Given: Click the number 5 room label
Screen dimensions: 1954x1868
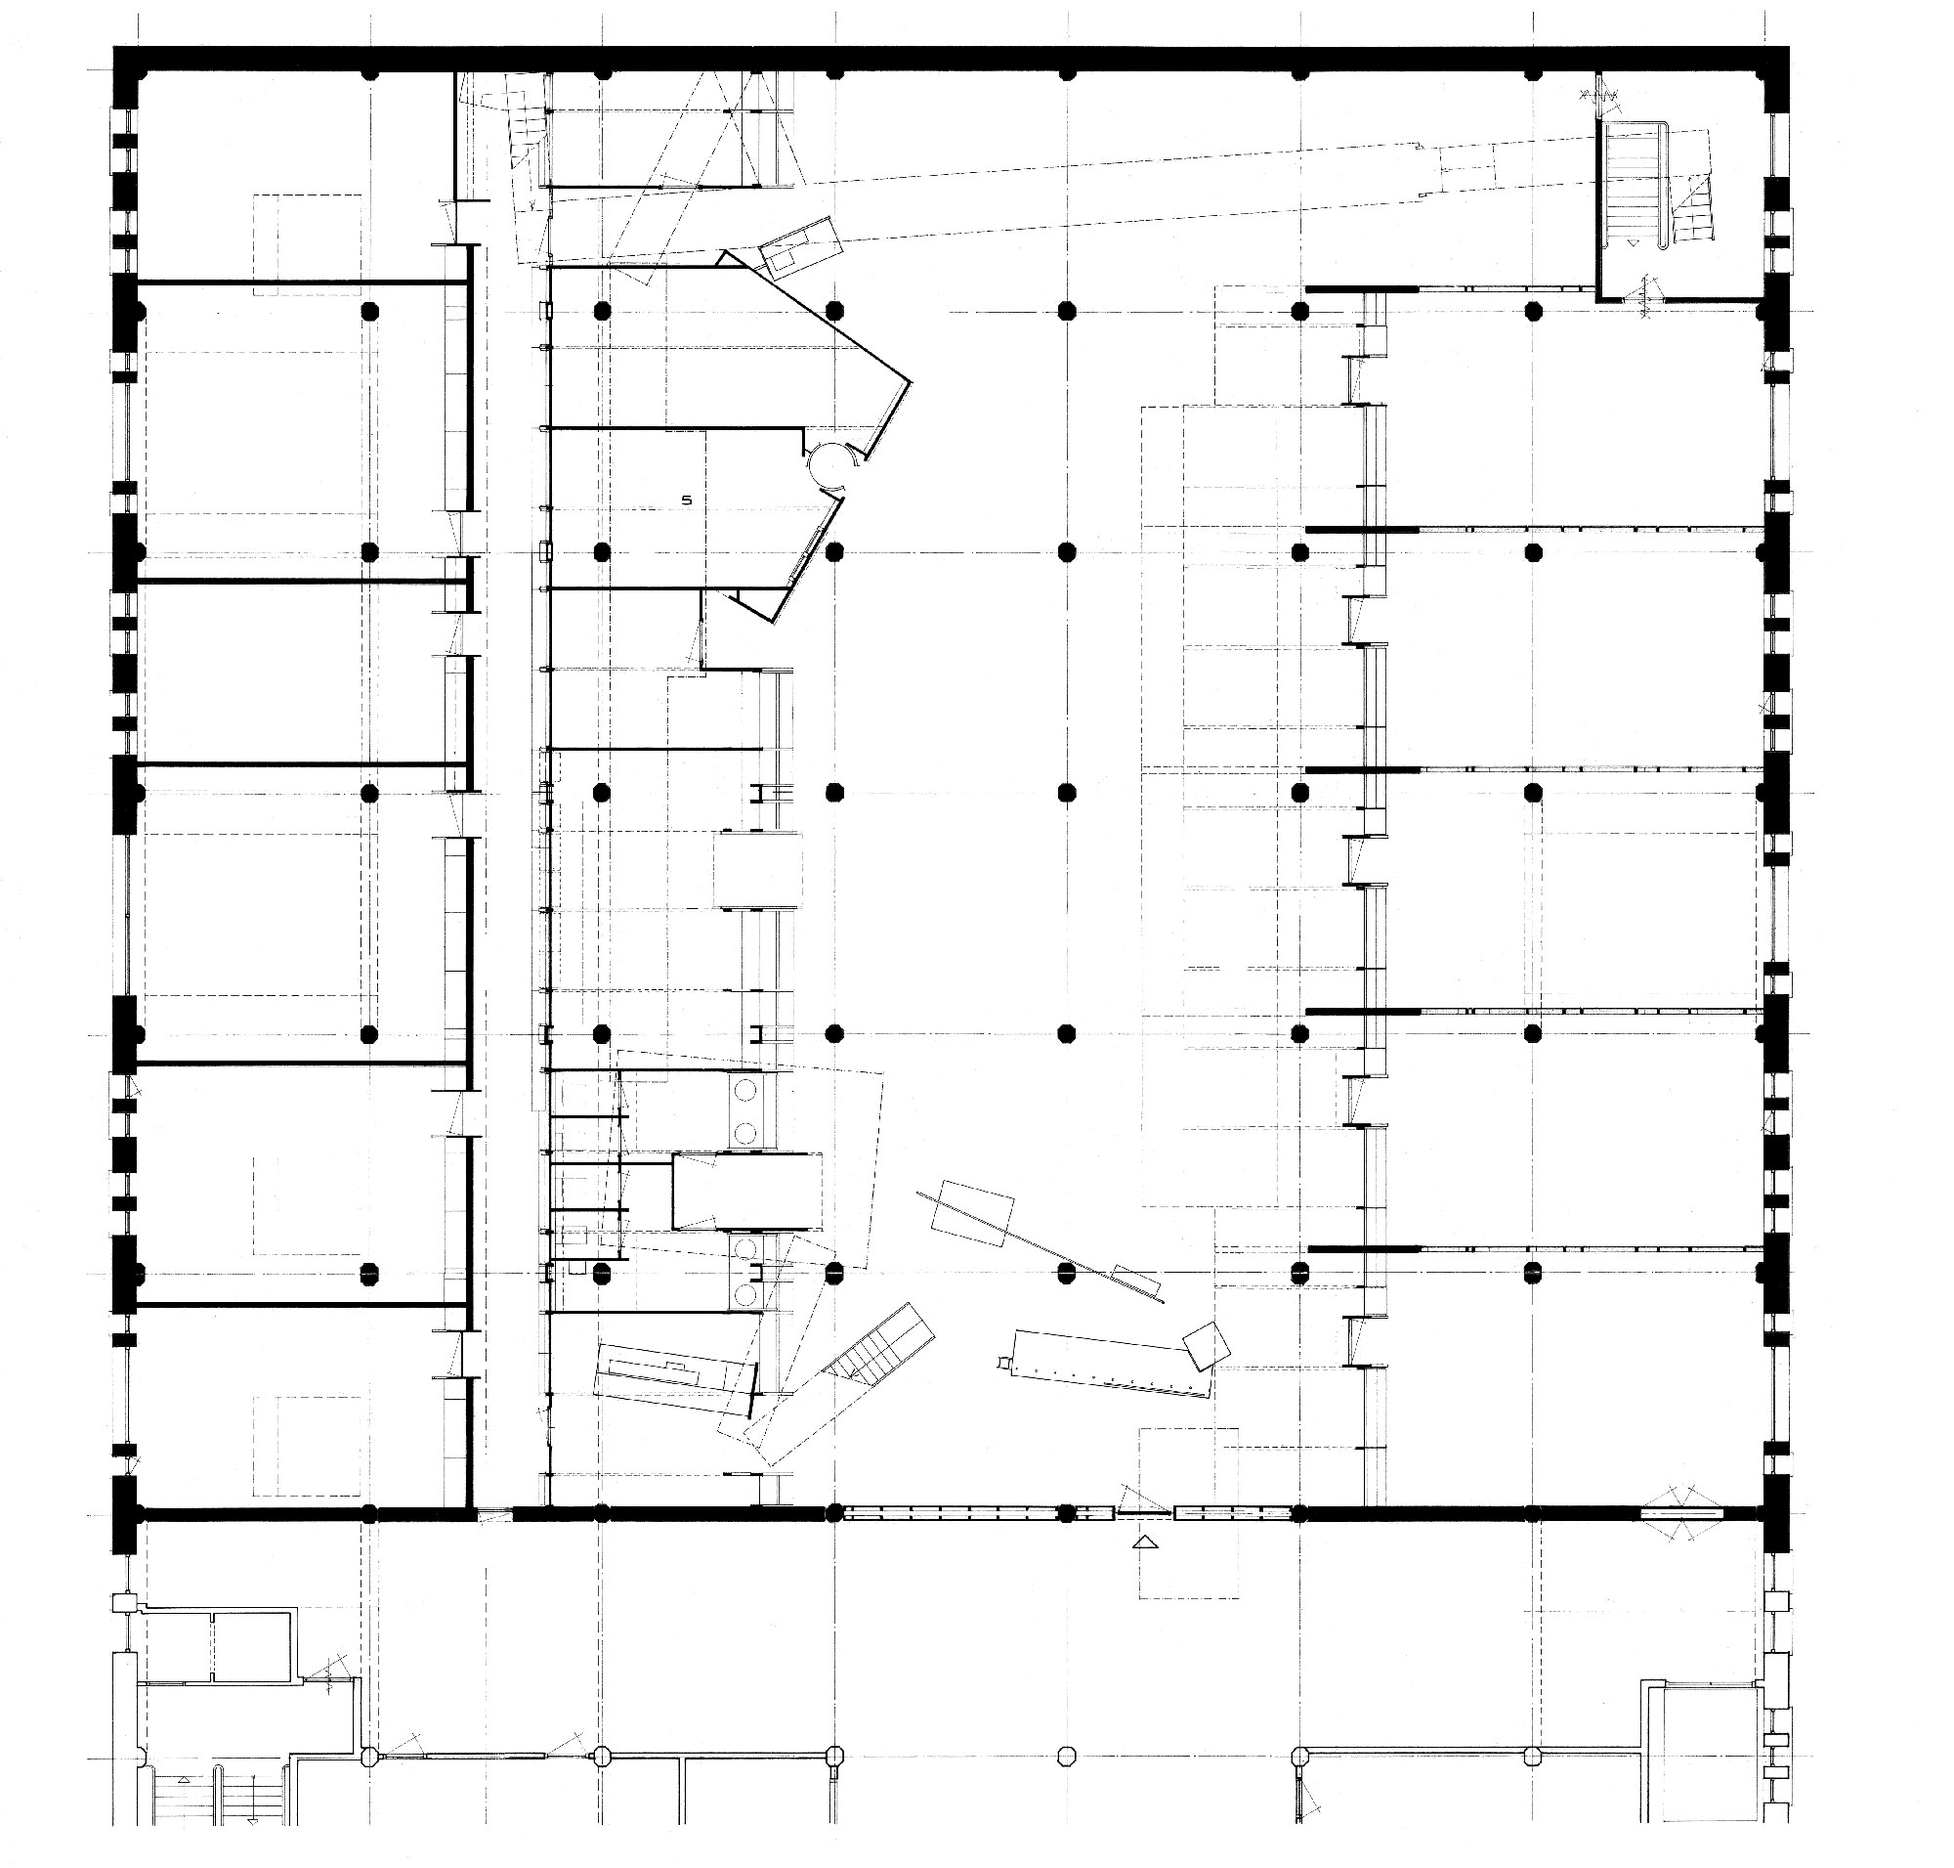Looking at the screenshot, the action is [687, 500].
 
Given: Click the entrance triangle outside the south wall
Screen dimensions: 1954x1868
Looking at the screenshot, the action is [1147, 1542].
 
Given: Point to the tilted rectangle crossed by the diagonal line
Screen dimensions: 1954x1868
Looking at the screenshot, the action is [970, 1213].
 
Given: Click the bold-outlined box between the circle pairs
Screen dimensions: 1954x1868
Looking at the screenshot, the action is [747, 1191].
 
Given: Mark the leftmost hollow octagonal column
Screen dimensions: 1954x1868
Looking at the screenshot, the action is [369, 1756].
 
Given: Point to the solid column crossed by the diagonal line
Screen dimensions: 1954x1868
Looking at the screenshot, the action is [1067, 1271].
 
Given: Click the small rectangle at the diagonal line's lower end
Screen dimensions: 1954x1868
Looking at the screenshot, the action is [1136, 1277].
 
